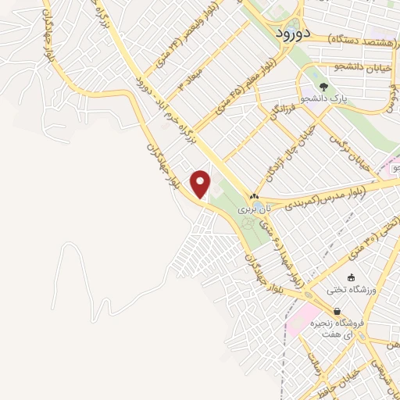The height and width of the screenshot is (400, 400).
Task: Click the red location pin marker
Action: click(202, 184)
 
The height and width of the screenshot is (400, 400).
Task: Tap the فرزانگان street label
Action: click(284, 117)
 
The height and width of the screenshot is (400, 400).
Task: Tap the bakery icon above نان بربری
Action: click(253, 197)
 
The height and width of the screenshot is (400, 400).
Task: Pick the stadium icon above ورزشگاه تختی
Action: click(351, 277)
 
